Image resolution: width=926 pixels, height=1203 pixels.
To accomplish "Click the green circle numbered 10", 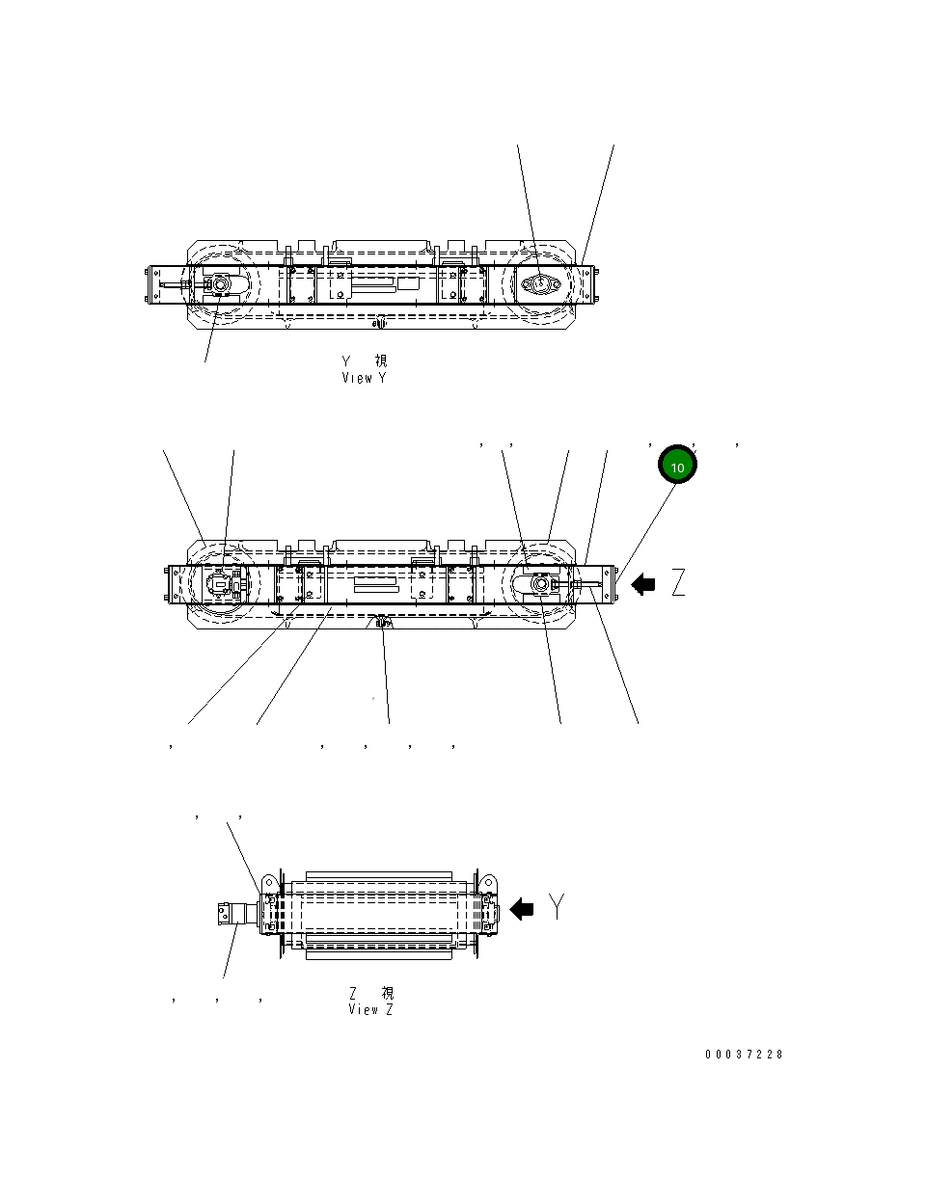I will pyautogui.click(x=677, y=467).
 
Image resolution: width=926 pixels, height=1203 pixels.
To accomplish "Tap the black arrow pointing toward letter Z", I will pyautogui.click(x=643, y=583).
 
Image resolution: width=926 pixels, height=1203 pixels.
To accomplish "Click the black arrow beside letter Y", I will pyautogui.click(x=522, y=908).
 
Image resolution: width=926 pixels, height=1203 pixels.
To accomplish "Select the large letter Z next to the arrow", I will pyautogui.click(x=679, y=583).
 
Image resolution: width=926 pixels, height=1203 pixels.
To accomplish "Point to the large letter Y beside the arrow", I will pyautogui.click(x=558, y=906).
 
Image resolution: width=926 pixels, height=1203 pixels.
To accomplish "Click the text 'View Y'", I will pyautogui.click(x=364, y=378).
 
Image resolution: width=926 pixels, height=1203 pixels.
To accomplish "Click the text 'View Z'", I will pyautogui.click(x=370, y=1009).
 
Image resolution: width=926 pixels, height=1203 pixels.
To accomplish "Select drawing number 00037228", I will pyautogui.click(x=744, y=1054).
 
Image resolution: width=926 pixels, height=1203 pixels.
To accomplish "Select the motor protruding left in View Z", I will pyautogui.click(x=233, y=912).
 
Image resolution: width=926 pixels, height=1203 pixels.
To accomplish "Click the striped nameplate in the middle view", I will pyautogui.click(x=375, y=585).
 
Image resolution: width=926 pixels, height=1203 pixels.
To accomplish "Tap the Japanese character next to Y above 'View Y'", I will pyautogui.click(x=382, y=361).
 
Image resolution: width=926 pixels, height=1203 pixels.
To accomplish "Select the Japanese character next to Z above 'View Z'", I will pyautogui.click(x=387, y=992).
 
